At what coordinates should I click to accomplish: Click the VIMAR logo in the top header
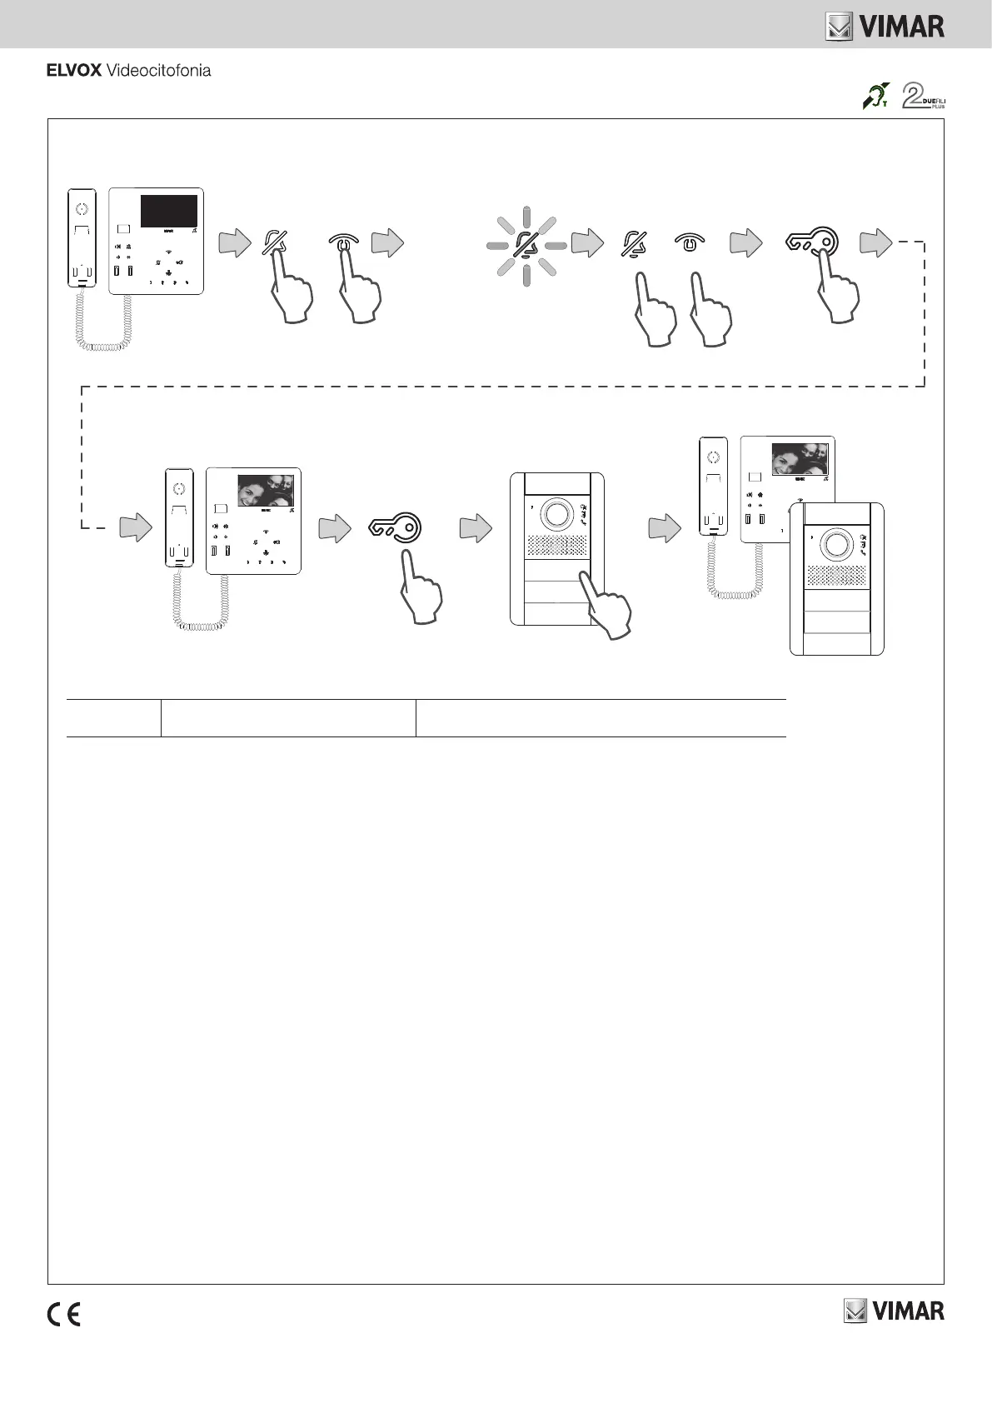(885, 27)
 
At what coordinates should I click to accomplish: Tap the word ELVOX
(73, 71)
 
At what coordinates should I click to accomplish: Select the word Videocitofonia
(158, 71)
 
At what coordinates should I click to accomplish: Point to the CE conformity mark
(63, 1315)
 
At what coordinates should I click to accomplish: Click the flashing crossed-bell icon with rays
(526, 244)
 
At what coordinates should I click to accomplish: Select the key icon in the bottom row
(396, 527)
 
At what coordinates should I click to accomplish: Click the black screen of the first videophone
(168, 211)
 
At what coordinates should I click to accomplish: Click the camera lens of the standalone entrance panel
(556, 514)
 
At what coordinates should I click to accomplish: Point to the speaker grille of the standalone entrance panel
(556, 547)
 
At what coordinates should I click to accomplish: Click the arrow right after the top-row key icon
(876, 243)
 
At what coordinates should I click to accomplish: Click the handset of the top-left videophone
(82, 239)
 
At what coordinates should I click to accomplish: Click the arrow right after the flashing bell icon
(588, 243)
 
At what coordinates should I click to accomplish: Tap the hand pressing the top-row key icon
(839, 292)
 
